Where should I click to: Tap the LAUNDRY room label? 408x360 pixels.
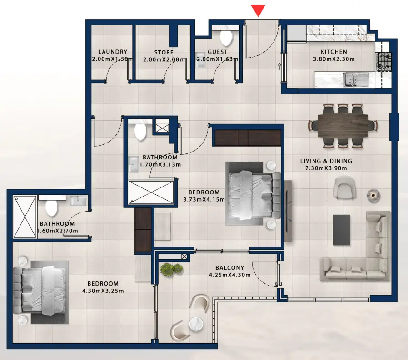tap(112, 52)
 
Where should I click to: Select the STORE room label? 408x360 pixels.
tap(164, 52)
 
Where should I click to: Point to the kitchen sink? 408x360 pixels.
tap(352, 79)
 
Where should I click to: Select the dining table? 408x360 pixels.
tap(343, 125)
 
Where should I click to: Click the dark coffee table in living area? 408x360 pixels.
tap(341, 229)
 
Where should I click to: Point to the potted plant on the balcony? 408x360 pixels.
tap(172, 269)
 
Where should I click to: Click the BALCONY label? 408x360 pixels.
tap(229, 268)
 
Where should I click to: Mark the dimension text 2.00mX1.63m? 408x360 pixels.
tap(217, 59)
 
